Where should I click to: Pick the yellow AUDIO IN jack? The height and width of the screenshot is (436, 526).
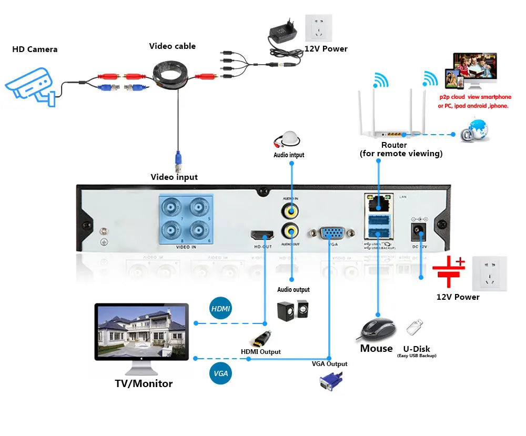point(290,211)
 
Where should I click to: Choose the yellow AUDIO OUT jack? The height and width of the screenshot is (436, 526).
point(290,230)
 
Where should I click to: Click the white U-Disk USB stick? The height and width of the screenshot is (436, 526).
point(414,327)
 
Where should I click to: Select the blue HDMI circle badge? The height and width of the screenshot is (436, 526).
point(221,308)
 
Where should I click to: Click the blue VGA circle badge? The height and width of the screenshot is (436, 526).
point(221,373)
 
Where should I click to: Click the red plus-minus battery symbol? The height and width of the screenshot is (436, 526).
point(448,271)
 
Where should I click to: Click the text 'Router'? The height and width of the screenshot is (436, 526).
point(394,145)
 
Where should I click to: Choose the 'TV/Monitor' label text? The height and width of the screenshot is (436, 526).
point(144,383)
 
